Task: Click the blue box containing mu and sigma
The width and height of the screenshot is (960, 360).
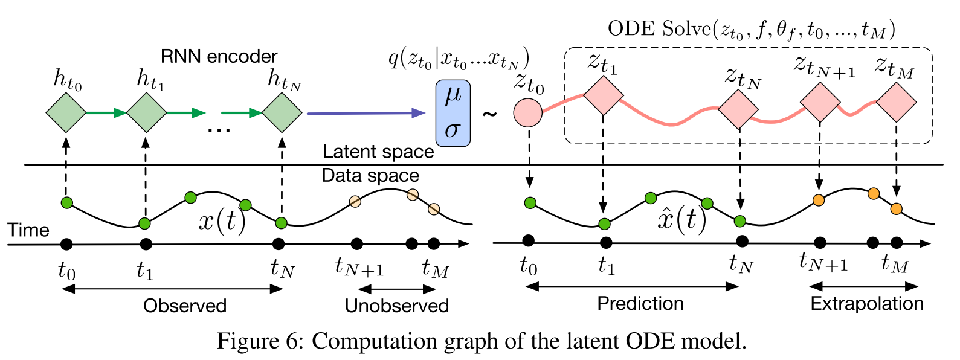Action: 453,114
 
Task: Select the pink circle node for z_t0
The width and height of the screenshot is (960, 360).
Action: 527,113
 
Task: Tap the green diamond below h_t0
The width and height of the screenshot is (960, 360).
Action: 66,112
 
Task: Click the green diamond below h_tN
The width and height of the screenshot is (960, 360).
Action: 282,112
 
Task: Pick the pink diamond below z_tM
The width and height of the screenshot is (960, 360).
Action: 896,102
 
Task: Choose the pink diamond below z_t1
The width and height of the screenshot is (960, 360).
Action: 603,95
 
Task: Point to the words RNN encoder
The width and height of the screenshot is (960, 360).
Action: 219,57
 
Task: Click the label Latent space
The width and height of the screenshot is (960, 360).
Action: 378,152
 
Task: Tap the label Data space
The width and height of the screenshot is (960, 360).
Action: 370,176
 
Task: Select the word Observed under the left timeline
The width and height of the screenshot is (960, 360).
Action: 185,306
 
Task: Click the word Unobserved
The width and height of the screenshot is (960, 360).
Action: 396,306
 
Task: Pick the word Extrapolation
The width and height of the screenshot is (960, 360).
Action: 866,303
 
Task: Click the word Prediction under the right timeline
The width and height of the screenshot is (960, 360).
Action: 640,303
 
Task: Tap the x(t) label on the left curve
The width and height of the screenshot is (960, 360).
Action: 222,222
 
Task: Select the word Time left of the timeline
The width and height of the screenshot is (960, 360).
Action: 28,230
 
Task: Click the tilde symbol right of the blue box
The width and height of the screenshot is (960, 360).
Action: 489,114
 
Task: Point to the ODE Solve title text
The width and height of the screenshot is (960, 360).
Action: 751,30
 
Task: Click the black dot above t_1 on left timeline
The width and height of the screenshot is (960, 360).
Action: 145,244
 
